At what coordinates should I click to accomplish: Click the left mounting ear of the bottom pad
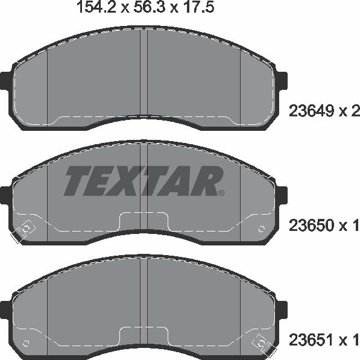point(5,309)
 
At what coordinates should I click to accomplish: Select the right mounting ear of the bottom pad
point(282,309)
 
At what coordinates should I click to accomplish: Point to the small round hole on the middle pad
point(262,229)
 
